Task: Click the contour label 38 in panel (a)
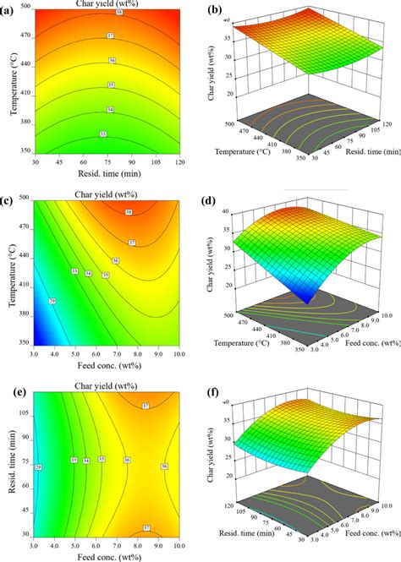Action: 118,14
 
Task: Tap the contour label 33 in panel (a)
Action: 103,134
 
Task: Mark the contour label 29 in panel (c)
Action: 52,301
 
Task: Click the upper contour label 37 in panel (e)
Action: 146,406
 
